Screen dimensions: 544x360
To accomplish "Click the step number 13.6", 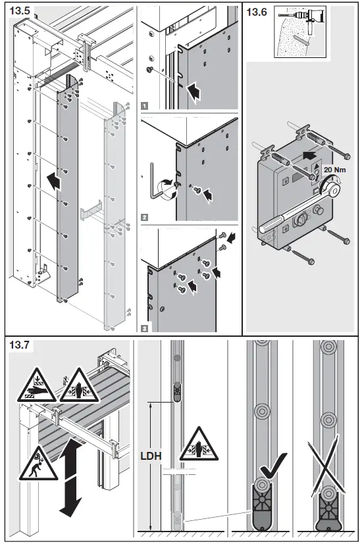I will pyautogui.click(x=257, y=11).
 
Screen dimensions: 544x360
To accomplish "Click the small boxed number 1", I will pyautogui.click(x=144, y=105).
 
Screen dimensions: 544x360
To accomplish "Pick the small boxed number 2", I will pyautogui.click(x=144, y=216).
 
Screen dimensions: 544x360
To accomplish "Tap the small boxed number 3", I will pyautogui.click(x=144, y=326).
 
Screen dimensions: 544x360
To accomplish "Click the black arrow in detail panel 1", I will pyautogui.click(x=195, y=91).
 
